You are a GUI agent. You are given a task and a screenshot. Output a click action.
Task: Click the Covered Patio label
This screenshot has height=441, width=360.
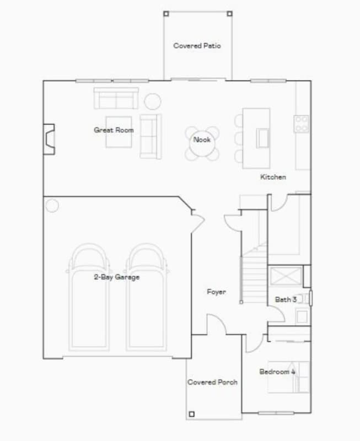(197, 46)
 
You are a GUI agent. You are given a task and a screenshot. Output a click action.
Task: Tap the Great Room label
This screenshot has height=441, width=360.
(114, 130)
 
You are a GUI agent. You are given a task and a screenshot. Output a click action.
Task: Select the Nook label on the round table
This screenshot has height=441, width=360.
(202, 139)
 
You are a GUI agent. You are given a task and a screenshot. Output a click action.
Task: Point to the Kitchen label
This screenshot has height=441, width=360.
(273, 177)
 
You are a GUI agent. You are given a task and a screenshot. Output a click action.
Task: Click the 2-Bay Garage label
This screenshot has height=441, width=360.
(116, 277)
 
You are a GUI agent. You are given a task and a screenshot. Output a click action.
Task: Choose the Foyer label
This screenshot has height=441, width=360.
(216, 292)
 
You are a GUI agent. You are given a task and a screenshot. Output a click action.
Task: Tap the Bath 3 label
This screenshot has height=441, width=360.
(286, 299)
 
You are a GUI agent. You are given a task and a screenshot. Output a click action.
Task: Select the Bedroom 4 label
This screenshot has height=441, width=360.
(277, 372)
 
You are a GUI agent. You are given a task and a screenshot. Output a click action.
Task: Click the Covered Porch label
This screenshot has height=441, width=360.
(212, 382)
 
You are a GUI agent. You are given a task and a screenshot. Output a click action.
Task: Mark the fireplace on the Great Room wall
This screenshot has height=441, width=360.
(50, 139)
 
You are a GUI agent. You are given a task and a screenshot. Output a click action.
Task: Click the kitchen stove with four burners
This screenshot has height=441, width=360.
(302, 123)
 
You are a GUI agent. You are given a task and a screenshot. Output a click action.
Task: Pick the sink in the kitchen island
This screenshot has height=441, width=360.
(262, 138)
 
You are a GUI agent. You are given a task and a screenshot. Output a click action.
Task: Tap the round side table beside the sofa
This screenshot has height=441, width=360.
(153, 101)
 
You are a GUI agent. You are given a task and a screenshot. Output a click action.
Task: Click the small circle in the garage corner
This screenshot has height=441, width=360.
(52, 206)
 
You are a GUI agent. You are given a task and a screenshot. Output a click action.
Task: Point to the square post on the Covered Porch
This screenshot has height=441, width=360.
(191, 413)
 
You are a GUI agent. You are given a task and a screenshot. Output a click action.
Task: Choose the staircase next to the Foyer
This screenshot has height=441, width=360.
(255, 276)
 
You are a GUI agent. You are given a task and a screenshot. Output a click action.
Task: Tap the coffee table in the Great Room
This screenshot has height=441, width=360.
(119, 132)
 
